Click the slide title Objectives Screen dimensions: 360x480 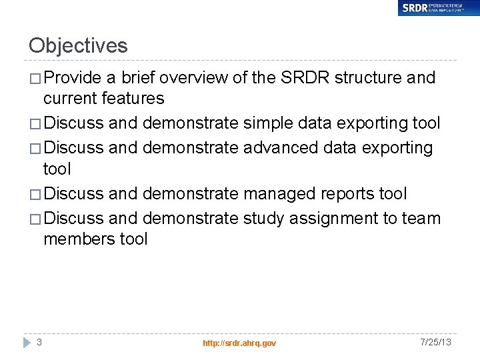[78, 46]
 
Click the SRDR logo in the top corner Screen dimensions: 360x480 [438, 8]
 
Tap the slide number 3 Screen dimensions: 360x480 [39, 342]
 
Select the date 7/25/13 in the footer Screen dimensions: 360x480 [436, 342]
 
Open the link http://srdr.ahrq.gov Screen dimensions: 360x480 [239, 343]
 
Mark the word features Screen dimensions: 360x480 [133, 99]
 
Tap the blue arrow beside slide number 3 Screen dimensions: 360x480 [27, 343]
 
